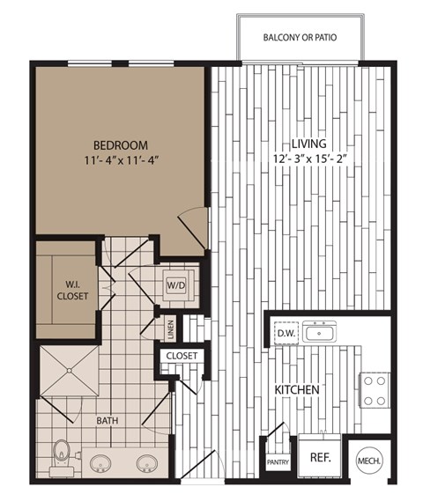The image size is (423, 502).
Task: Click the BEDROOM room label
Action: point(121,144)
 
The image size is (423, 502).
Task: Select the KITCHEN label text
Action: point(297,389)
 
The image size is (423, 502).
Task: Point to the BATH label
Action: point(108,421)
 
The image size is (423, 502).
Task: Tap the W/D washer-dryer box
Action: point(174,285)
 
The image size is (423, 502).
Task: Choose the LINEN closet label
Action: point(170,329)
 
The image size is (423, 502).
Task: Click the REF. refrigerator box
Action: point(319,457)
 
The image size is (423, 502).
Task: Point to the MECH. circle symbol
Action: point(367,461)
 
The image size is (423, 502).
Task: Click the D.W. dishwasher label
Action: point(285,333)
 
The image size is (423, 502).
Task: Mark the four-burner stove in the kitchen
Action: point(375,389)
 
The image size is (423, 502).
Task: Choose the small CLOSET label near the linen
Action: point(182,357)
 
